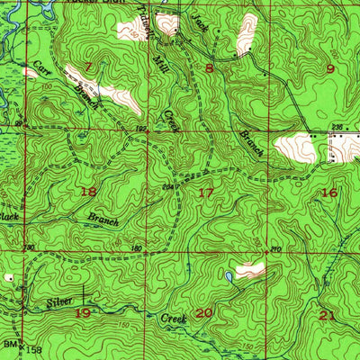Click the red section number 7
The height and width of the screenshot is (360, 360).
click(88, 67)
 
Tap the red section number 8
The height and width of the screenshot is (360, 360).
click(209, 67)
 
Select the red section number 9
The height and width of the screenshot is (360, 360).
click(330, 68)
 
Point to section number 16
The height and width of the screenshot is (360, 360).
click(329, 193)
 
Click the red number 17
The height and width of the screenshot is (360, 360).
click(206, 193)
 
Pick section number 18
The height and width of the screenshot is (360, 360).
click(88, 192)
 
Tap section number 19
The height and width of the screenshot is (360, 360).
click(83, 312)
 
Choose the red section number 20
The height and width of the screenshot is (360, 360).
click(204, 312)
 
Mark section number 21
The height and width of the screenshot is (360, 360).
click(328, 314)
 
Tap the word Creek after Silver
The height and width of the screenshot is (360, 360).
click(174, 319)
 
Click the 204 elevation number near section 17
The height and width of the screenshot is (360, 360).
click(167, 186)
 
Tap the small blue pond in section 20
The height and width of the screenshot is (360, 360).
click(229, 277)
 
